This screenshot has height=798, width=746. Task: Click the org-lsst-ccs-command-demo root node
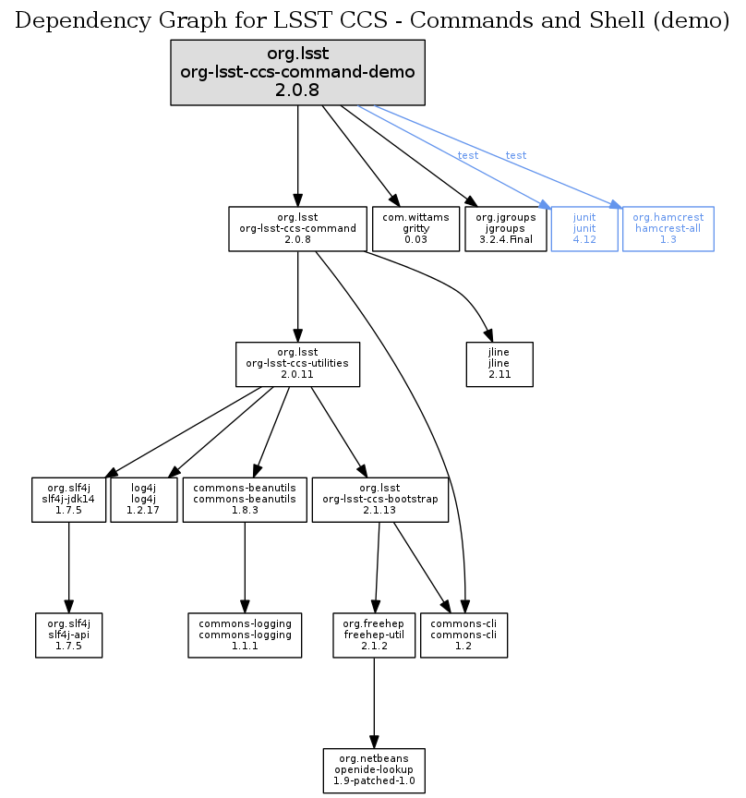click(297, 72)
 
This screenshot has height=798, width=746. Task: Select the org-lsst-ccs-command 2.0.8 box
click(297, 228)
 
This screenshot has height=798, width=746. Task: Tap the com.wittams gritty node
click(415, 228)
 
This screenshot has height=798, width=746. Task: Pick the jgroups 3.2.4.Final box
click(505, 228)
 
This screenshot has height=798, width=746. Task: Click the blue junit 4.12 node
click(584, 228)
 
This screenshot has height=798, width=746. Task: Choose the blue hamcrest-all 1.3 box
click(668, 228)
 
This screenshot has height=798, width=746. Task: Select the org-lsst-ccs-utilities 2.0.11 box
click(297, 364)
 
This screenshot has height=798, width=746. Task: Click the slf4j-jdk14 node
click(69, 499)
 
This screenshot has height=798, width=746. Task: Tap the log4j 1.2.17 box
click(143, 499)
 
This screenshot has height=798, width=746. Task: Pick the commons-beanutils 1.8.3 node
click(245, 499)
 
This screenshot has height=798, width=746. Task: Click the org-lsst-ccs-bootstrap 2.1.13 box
click(380, 499)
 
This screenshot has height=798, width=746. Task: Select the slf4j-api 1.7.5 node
click(68, 635)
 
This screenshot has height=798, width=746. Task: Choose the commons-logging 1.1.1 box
click(245, 635)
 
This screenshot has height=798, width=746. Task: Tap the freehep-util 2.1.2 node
click(373, 635)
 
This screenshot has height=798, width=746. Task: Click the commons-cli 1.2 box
click(463, 635)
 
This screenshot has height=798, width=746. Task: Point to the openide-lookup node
click(374, 770)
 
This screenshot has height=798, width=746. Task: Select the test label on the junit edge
click(468, 155)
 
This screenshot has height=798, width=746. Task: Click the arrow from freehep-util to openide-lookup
click(373, 702)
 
